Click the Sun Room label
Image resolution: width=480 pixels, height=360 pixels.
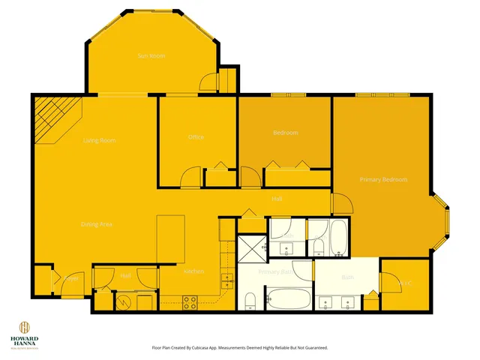151,56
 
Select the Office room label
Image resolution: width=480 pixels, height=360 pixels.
196,137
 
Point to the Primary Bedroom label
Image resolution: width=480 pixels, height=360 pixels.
383,179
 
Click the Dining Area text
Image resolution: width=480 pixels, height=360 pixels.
97,224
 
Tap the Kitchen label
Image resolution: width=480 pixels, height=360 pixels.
193,271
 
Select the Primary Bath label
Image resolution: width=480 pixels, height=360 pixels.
274,271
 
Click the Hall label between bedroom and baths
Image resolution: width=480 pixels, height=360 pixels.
277,199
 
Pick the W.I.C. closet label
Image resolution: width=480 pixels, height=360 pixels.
406,283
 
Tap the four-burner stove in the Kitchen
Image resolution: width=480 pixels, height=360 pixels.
190,302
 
